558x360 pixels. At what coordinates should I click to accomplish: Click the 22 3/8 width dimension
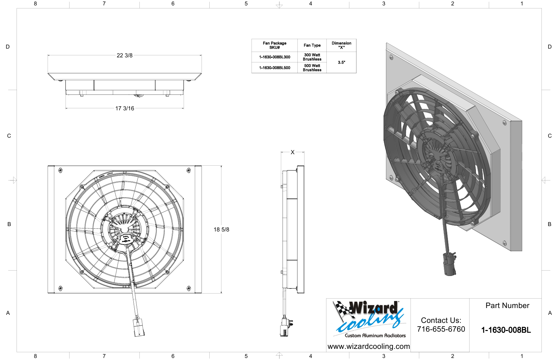click(125, 55)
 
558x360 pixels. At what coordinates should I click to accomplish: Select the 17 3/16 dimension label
click(125, 108)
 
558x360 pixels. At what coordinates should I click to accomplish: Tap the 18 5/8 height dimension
click(221, 229)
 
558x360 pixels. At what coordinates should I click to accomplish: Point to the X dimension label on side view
click(292, 152)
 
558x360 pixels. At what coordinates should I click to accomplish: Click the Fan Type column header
click(312, 45)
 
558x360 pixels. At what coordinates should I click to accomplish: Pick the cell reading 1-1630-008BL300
click(274, 57)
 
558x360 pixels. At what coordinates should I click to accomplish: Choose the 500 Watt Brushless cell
click(312, 68)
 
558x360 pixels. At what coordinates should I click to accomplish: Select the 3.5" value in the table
click(341, 62)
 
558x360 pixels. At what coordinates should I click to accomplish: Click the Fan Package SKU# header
click(274, 45)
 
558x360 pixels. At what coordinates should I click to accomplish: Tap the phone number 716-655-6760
click(441, 329)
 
